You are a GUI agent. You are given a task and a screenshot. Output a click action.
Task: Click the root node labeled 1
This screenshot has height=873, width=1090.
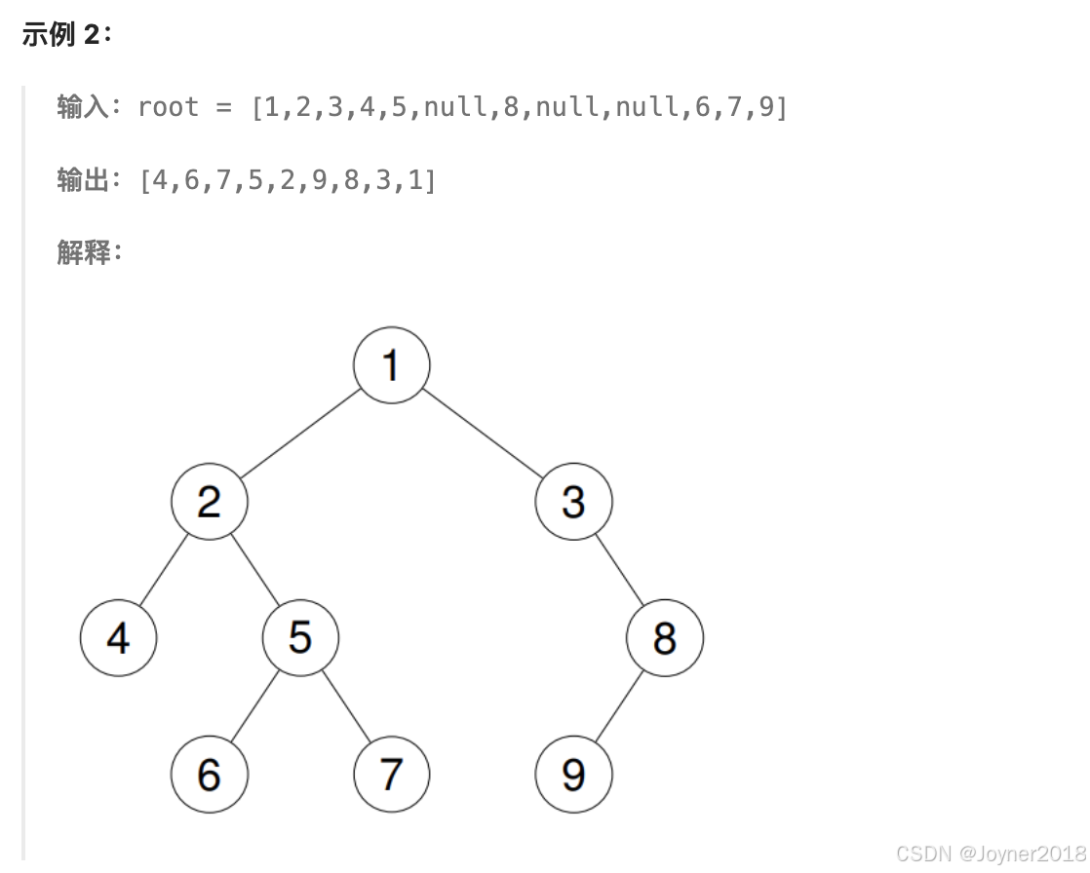(x=391, y=365)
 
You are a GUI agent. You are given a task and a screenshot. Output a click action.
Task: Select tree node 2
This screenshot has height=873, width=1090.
(x=210, y=502)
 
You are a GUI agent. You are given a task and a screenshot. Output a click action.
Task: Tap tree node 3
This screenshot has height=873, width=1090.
(x=573, y=502)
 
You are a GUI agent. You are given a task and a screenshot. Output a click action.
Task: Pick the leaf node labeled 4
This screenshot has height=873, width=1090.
(x=118, y=638)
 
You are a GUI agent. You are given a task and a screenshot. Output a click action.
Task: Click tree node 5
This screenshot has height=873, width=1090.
(x=300, y=638)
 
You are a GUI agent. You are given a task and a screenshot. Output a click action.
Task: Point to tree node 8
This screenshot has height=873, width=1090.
(x=665, y=638)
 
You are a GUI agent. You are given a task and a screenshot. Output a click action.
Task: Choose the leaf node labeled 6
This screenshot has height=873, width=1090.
(x=210, y=775)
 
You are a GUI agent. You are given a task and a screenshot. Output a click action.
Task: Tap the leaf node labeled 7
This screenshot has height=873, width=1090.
(x=391, y=775)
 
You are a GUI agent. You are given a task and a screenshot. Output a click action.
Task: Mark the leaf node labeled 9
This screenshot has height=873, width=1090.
(x=573, y=775)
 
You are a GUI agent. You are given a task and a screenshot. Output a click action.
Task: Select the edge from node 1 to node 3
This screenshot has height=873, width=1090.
(x=483, y=434)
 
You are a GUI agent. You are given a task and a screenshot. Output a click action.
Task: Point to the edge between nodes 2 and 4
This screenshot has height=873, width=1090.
(x=164, y=570)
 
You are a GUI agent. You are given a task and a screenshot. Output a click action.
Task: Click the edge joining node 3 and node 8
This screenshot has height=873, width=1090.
(x=619, y=570)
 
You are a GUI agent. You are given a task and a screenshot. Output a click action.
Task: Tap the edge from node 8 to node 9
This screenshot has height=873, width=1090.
(x=619, y=706)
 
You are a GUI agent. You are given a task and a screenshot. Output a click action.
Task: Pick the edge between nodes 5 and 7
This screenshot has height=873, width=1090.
(x=346, y=706)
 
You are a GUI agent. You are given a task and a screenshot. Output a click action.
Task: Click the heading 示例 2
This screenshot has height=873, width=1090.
(x=67, y=35)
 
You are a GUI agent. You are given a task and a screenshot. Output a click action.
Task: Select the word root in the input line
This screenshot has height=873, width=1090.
(x=168, y=106)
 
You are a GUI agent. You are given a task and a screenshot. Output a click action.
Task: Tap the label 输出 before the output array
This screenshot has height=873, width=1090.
(x=82, y=180)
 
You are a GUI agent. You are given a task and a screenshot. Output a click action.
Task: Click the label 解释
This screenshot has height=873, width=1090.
(x=82, y=252)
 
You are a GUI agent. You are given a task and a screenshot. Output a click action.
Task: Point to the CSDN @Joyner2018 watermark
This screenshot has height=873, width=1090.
(x=990, y=854)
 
